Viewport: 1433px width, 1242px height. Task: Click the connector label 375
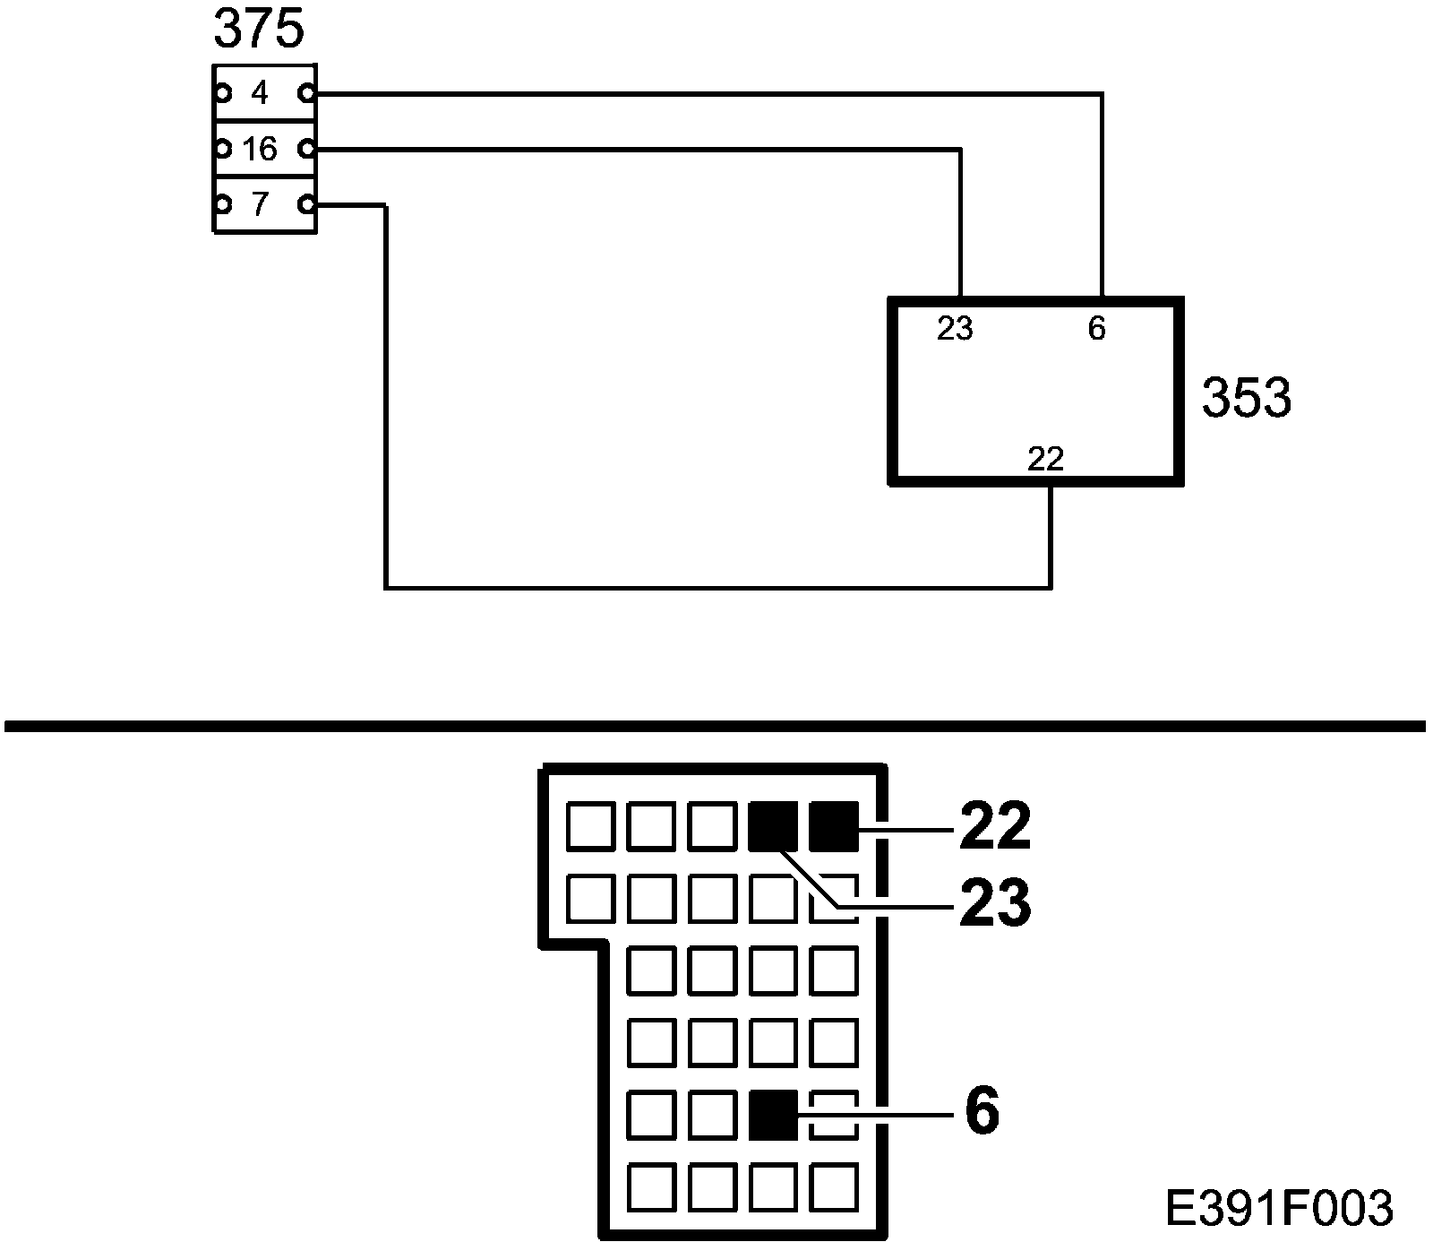click(259, 30)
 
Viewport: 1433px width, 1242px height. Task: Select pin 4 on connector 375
click(260, 92)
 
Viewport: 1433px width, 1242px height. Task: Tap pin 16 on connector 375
click(260, 149)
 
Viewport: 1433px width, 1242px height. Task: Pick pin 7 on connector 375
click(260, 205)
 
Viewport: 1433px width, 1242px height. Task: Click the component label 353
click(1247, 398)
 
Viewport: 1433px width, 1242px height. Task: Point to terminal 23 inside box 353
click(955, 330)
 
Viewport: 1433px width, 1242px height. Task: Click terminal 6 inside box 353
click(1097, 330)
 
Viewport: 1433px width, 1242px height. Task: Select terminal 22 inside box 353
click(1045, 460)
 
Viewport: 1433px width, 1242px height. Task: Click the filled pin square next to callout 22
click(833, 826)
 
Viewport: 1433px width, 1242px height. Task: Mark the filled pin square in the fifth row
click(772, 1115)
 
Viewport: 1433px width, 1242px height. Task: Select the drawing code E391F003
click(1280, 1208)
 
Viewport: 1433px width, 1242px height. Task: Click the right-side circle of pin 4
click(307, 92)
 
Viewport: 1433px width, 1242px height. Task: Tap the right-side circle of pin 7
click(307, 205)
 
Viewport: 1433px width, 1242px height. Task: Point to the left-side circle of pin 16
click(220, 149)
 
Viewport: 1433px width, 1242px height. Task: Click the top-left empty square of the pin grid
click(590, 826)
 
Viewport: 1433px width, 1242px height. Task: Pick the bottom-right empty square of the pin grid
click(834, 1187)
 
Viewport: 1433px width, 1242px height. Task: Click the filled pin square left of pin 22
click(772, 826)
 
